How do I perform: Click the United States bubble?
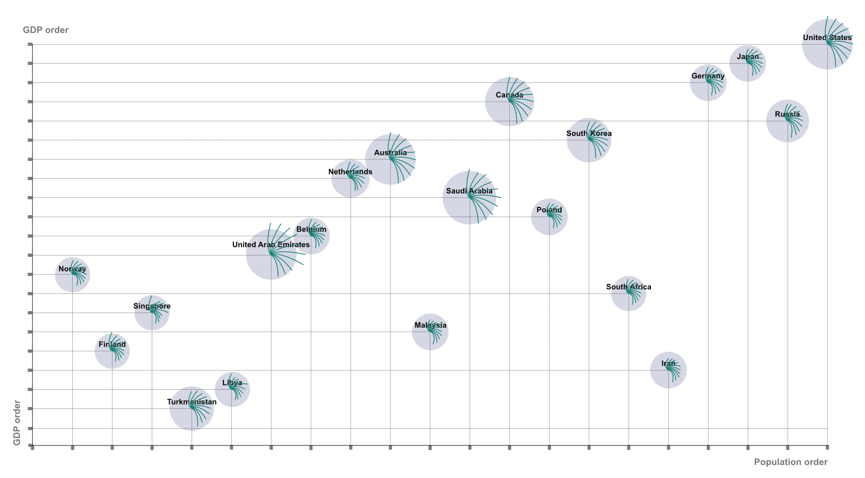827,44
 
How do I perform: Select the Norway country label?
72,269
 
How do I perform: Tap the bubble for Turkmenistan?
192,408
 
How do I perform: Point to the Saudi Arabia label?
469,191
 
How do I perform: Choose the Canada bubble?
509,102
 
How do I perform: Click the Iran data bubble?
668,370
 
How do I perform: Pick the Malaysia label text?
430,325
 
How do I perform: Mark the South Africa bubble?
628,294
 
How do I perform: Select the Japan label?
748,57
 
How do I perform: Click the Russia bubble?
788,121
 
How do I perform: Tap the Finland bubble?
112,351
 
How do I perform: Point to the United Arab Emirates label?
271,245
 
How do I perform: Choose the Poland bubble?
549,217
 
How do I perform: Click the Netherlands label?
350,172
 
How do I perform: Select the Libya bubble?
232,389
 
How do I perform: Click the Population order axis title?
791,462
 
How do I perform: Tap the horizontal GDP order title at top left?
46,30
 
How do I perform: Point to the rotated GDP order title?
17,423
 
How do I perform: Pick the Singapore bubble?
152,313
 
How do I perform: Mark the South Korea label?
589,133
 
